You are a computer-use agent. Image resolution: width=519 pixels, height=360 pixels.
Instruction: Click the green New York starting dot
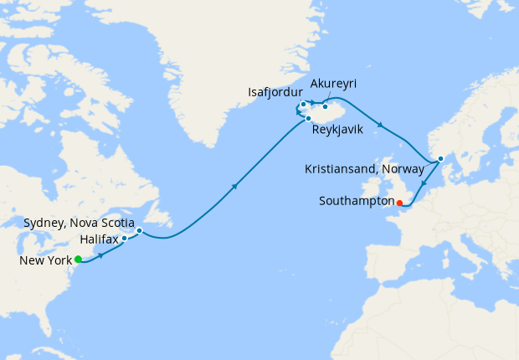coord(78,259)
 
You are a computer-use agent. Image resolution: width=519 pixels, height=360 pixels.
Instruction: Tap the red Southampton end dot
coord(399,202)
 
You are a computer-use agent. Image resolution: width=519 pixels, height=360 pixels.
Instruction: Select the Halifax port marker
coord(124,239)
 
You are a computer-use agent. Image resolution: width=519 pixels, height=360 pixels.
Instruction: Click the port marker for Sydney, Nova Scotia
coord(140,230)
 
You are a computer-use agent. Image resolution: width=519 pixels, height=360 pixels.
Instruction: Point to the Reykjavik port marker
coord(308,118)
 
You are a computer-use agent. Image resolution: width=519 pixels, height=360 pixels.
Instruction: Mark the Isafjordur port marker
coord(303,105)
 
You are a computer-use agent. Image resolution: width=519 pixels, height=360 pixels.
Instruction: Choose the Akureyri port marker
coord(325,106)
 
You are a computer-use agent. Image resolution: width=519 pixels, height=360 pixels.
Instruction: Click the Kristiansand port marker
coord(440,158)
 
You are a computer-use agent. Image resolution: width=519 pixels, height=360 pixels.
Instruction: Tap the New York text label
coord(46,260)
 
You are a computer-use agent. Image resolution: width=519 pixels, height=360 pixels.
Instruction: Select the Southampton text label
coord(357,201)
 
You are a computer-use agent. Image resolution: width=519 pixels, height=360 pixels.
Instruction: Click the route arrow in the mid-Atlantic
coord(234,186)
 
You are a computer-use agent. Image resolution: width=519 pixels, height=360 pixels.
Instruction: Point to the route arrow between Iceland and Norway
coord(381,126)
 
